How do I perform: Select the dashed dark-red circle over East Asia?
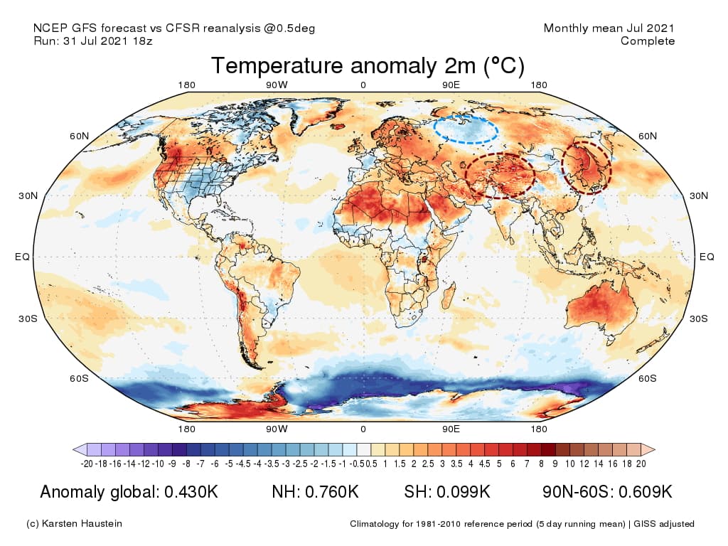pos(586,167)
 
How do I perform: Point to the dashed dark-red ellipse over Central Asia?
pos(499,175)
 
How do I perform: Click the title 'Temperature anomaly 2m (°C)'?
pos(368,66)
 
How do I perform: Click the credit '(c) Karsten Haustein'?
pos(74,524)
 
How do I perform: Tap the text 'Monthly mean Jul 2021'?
pos(609,28)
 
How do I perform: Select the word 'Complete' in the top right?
pos(648,41)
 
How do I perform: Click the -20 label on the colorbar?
pos(87,464)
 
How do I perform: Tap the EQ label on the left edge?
pos(22,257)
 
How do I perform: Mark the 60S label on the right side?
pos(648,378)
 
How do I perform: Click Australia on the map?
pos(604,306)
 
